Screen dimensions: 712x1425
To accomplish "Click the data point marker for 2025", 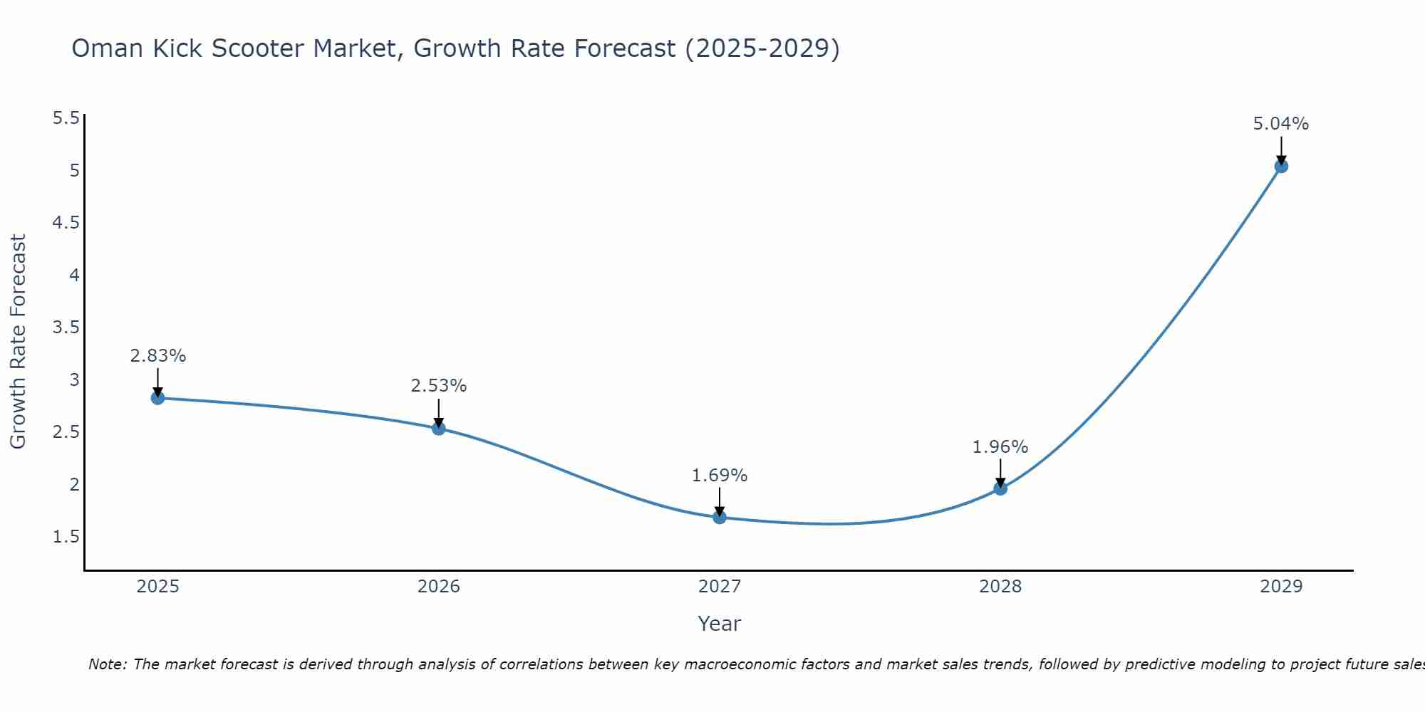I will point(157,398).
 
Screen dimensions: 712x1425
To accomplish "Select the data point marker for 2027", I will point(720,518).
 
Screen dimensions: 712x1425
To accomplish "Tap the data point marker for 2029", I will point(1281,167).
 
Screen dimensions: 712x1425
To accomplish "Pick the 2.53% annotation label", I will point(439,386).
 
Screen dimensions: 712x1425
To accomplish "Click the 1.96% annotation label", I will point(1000,447).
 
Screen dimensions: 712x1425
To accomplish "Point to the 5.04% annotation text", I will point(1281,124).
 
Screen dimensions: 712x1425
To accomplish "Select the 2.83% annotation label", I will point(158,356).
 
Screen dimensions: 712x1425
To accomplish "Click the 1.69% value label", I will point(720,476).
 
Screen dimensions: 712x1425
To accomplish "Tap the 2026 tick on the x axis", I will point(439,587).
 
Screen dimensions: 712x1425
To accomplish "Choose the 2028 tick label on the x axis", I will point(1000,587).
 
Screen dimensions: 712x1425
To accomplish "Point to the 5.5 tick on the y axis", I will point(66,118).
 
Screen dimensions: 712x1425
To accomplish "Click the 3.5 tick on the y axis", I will point(66,328).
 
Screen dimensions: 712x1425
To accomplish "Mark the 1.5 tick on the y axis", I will point(66,537).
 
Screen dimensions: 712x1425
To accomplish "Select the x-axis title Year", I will point(720,624).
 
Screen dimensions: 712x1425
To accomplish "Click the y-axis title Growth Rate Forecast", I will point(18,342).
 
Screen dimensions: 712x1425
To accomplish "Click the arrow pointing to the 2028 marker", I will point(1000,472).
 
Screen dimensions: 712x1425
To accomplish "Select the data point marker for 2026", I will point(439,429).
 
